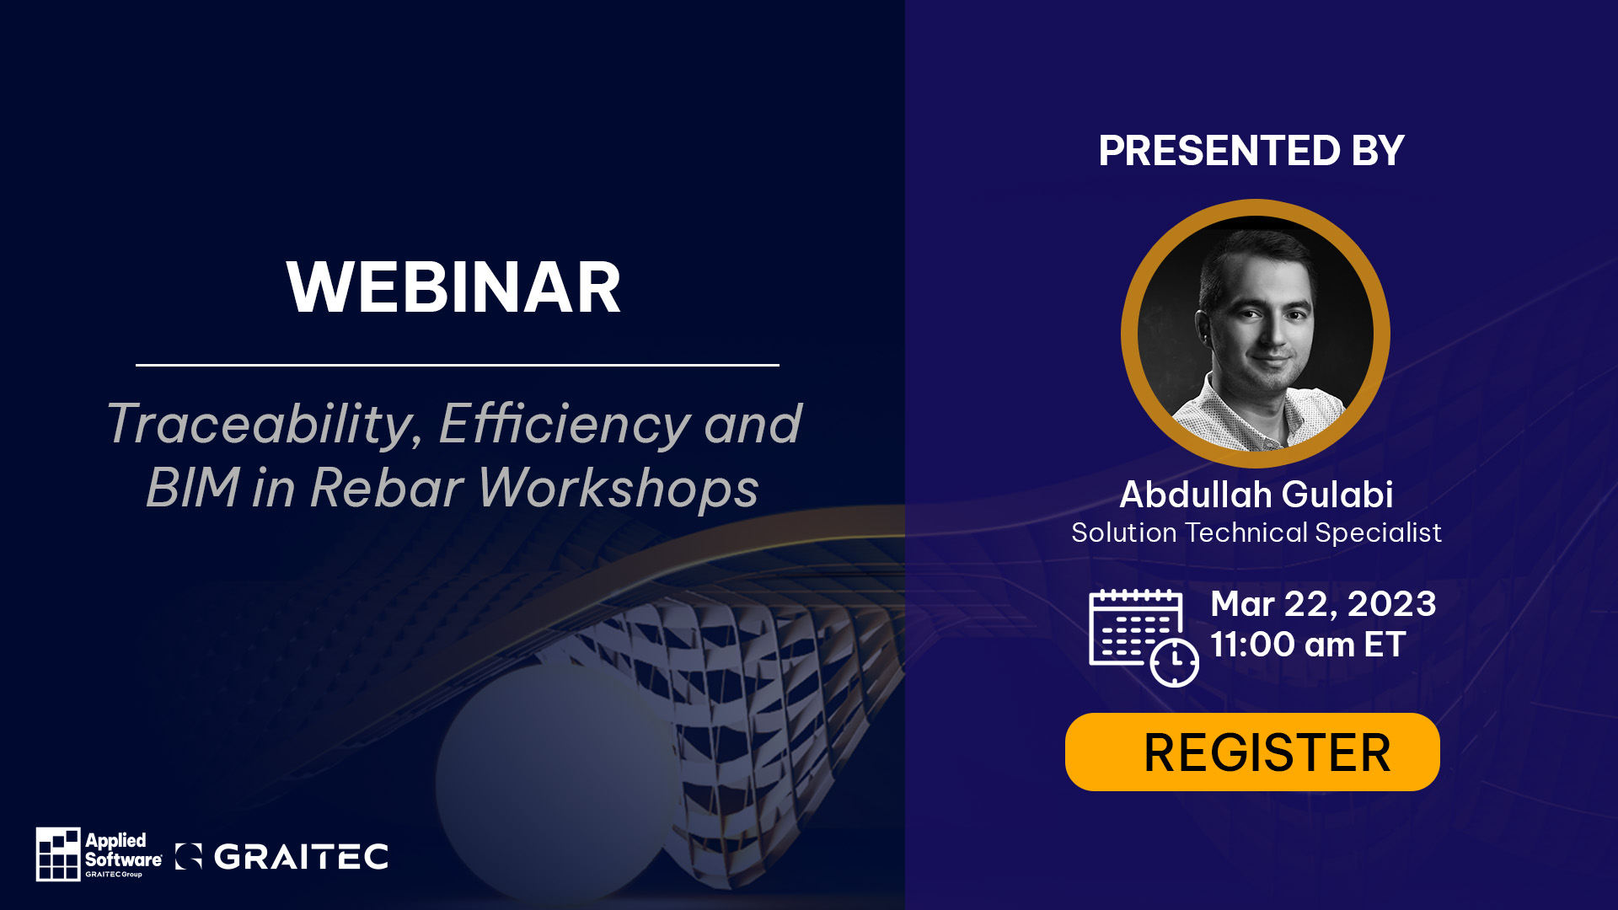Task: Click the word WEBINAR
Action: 453,287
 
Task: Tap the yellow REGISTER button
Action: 1252,752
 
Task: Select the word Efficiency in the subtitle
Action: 565,425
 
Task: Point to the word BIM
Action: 193,488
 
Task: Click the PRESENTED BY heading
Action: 1251,151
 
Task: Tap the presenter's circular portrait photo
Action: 1256,334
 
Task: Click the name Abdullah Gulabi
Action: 1256,495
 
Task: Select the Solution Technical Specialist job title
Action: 1256,533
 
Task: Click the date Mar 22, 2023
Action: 1323,604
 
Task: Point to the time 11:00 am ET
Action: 1308,645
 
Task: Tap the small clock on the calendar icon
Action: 1175,662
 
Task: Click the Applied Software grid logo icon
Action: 58,854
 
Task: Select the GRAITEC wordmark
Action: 301,857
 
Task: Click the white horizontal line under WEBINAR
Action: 458,365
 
